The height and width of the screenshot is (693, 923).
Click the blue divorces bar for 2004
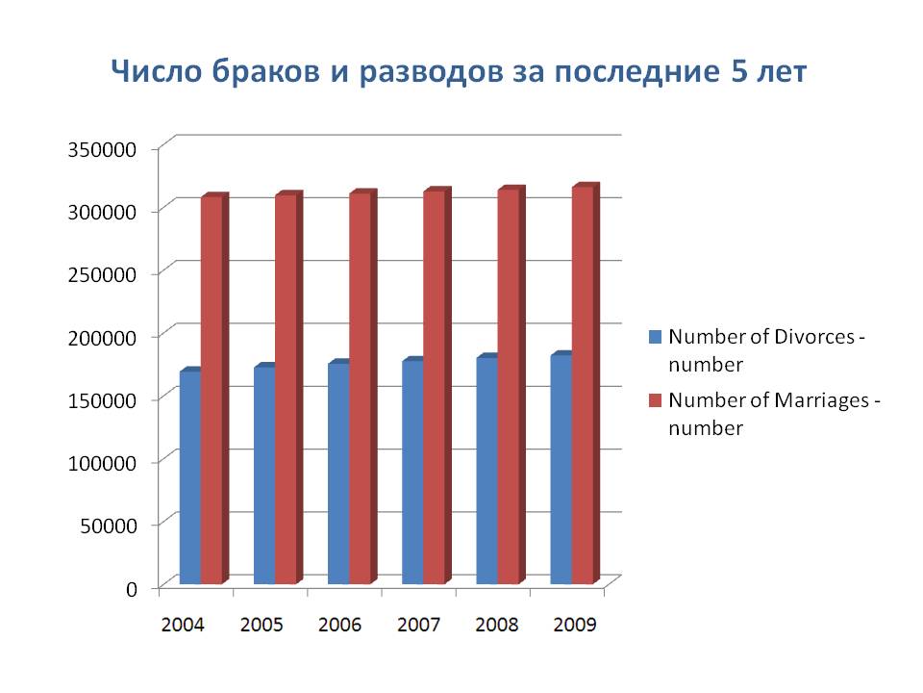[190, 477]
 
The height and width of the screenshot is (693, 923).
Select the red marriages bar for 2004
[212, 391]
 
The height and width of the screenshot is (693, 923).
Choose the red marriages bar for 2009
[584, 385]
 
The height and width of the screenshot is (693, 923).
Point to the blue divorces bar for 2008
[486, 471]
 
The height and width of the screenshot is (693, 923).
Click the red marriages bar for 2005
[287, 390]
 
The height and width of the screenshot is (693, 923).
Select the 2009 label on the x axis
[575, 625]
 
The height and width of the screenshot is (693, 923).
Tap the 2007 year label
[418, 625]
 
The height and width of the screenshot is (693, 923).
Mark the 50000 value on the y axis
[109, 525]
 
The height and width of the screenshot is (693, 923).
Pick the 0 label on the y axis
[131, 587]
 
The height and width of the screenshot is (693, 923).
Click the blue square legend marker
[656, 337]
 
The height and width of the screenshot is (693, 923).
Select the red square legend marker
[656, 399]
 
